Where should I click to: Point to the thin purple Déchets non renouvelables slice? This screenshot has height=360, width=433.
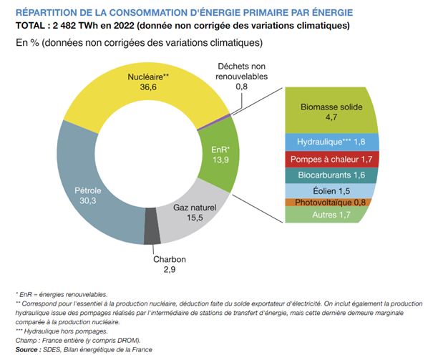coord(225,115)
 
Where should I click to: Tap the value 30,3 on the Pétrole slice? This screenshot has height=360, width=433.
coord(87,202)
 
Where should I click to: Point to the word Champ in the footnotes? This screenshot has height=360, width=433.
coord(26,340)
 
